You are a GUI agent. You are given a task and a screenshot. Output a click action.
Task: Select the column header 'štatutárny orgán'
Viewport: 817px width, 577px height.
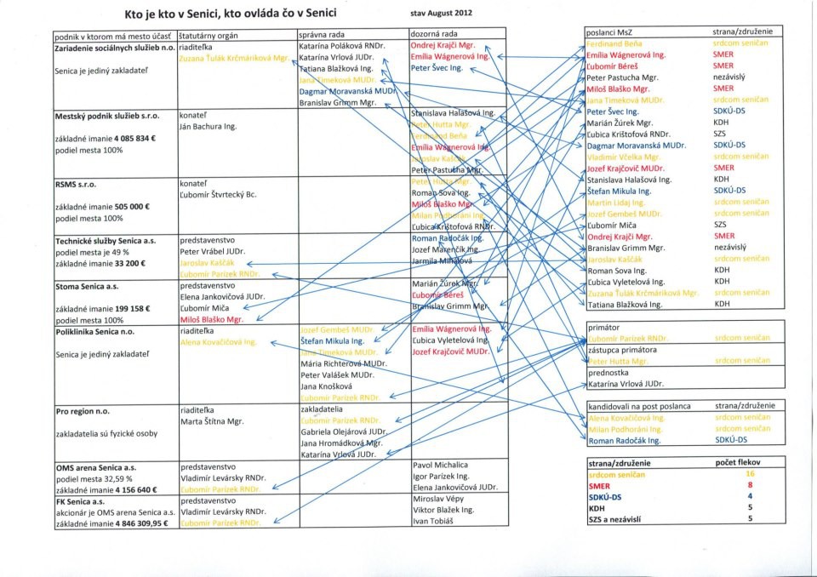click(209, 36)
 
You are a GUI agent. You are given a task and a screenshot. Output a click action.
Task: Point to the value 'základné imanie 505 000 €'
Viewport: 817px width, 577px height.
click(103, 206)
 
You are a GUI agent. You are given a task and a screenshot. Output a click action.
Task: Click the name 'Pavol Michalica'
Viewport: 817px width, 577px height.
click(440, 466)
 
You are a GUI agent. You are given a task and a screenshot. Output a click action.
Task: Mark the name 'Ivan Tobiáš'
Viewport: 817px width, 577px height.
click(434, 521)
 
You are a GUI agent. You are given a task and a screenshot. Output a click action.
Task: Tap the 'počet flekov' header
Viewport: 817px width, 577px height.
click(740, 460)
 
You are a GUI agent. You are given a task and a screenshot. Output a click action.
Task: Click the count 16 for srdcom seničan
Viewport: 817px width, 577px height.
click(750, 472)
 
